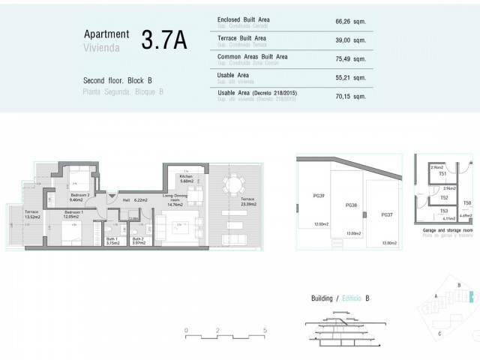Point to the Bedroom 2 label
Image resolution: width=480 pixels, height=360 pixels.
[x=79, y=196]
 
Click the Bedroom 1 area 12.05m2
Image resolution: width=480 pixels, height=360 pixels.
[x=73, y=217]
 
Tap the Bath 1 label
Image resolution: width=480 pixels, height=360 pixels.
[x=113, y=239]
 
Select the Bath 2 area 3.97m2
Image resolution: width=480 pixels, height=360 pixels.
[x=139, y=244]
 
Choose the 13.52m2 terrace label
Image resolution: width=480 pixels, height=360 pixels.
[x=33, y=217]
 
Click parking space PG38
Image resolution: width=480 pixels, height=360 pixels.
[x=350, y=205]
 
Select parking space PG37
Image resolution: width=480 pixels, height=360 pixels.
[x=386, y=215]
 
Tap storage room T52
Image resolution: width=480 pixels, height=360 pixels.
[x=444, y=198]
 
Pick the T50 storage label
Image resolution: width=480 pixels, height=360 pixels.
[x=467, y=203]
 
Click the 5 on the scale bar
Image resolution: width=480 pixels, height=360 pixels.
[x=265, y=330]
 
